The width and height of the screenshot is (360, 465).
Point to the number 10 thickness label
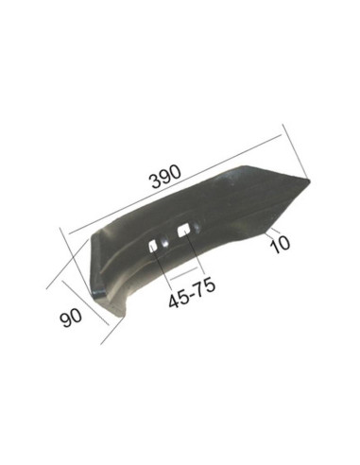pyautogui.click(x=280, y=243)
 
